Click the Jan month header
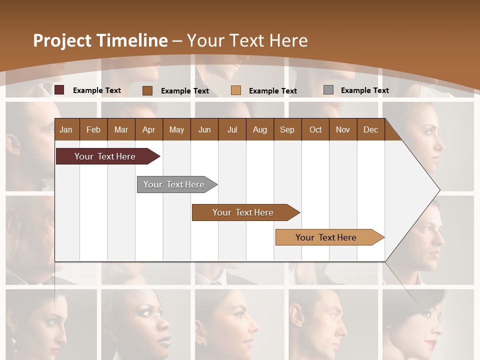coord(66,129)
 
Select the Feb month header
coord(93,129)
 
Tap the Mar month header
coord(121,129)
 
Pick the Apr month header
coord(149,129)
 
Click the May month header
coord(176,129)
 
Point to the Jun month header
coord(204,129)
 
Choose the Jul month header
coord(232,129)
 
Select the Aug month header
coord(260,129)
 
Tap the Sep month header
coord(287,129)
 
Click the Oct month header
coord(315,129)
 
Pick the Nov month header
coord(343,129)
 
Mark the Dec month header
coord(371,129)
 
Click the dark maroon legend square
coord(59,90)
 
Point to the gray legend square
coord(328,90)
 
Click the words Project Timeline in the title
coord(100,40)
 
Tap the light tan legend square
coord(236,90)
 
